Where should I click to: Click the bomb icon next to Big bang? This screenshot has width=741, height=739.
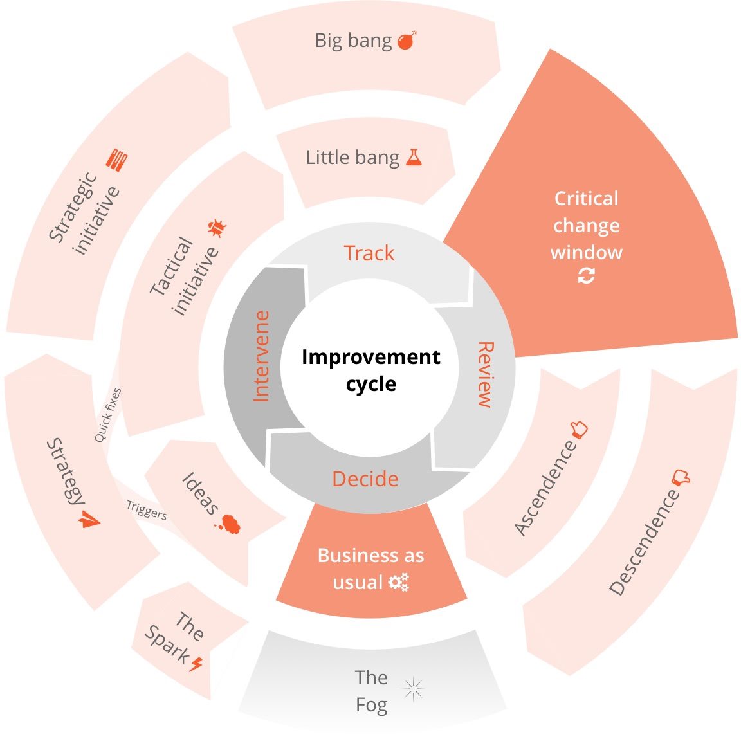[x=406, y=41]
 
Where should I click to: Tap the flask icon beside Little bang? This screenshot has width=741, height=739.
[x=414, y=157]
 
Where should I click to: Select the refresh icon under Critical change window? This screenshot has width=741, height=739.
[x=586, y=276]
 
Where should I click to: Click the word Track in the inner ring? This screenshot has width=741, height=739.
[x=369, y=253]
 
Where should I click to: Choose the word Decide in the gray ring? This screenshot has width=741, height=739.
[x=365, y=479]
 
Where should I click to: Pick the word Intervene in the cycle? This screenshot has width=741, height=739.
[x=261, y=356]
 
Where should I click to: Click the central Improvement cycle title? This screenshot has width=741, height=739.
[x=370, y=370]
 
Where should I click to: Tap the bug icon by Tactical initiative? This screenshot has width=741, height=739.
[x=217, y=228]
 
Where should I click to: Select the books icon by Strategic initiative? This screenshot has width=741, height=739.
[x=116, y=160]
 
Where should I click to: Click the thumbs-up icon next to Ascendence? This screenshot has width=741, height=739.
[x=578, y=429]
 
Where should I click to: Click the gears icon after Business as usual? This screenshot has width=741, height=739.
[x=399, y=582]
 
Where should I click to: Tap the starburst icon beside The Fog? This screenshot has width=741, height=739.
[x=414, y=689]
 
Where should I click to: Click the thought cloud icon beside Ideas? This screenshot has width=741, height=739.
[x=228, y=524]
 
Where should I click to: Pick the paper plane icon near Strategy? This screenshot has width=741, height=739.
[x=88, y=520]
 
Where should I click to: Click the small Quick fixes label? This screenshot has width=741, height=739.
[x=108, y=415]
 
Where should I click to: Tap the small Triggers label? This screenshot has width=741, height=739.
[x=147, y=510]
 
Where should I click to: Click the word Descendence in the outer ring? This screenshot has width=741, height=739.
[x=644, y=542]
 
